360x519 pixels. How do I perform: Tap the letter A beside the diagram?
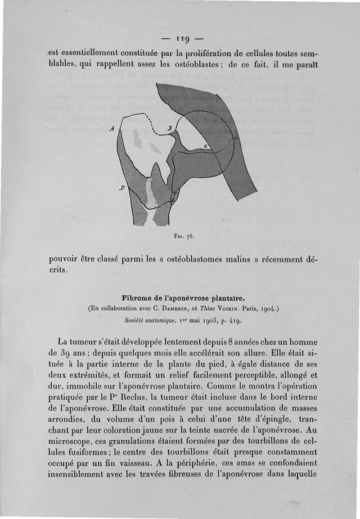click(112, 129)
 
